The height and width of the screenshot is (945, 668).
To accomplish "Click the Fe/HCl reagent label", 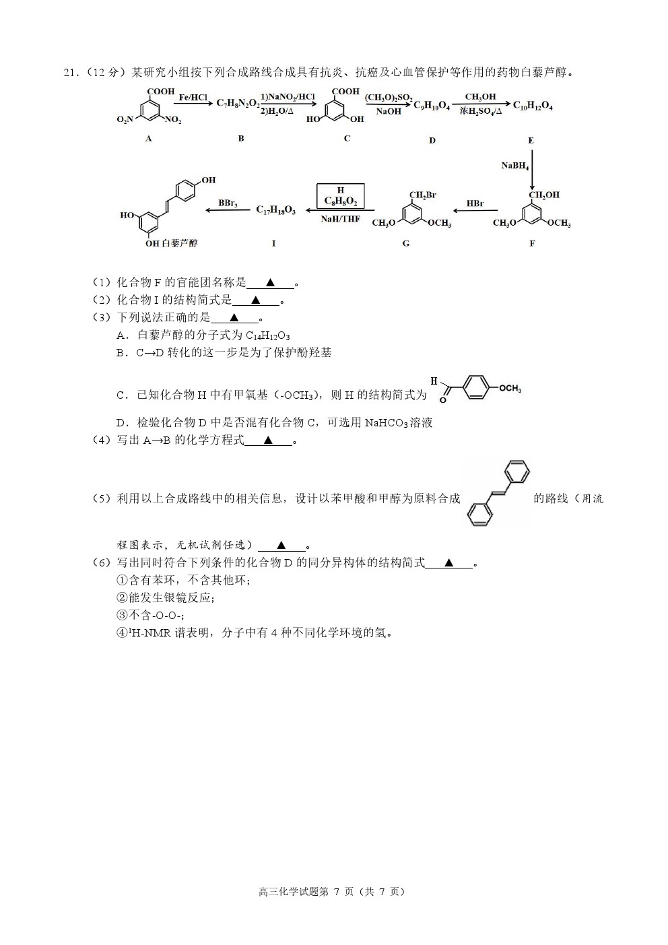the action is [193, 98].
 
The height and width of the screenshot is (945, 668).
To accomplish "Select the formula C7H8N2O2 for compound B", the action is [238, 103].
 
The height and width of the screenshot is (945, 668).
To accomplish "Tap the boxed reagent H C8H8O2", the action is [340, 196].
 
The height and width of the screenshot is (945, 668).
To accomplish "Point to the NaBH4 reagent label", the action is [515, 166].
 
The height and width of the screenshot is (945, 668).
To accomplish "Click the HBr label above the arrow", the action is [475, 204].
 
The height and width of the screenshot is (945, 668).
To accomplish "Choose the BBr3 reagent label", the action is [228, 204].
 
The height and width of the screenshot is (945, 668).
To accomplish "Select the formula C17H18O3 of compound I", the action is [276, 210].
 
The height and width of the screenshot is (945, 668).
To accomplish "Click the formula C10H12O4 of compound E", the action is [533, 106].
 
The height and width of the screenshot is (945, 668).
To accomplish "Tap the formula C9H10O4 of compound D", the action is [432, 106].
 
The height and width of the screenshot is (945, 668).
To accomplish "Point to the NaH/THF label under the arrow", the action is [340, 219].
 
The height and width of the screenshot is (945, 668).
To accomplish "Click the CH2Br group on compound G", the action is [423, 195].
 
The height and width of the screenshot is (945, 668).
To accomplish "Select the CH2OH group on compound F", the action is [545, 195].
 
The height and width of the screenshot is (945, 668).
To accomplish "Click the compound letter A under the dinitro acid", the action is [148, 138].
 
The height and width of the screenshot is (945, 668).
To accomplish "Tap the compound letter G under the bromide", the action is [405, 243].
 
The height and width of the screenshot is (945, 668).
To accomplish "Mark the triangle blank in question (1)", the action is [270, 283].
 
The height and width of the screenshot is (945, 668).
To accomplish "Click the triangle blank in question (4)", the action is [268, 441].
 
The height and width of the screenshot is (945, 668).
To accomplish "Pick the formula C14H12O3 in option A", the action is [268, 336].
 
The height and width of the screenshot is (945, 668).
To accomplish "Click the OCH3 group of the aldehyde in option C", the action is [510, 389].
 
